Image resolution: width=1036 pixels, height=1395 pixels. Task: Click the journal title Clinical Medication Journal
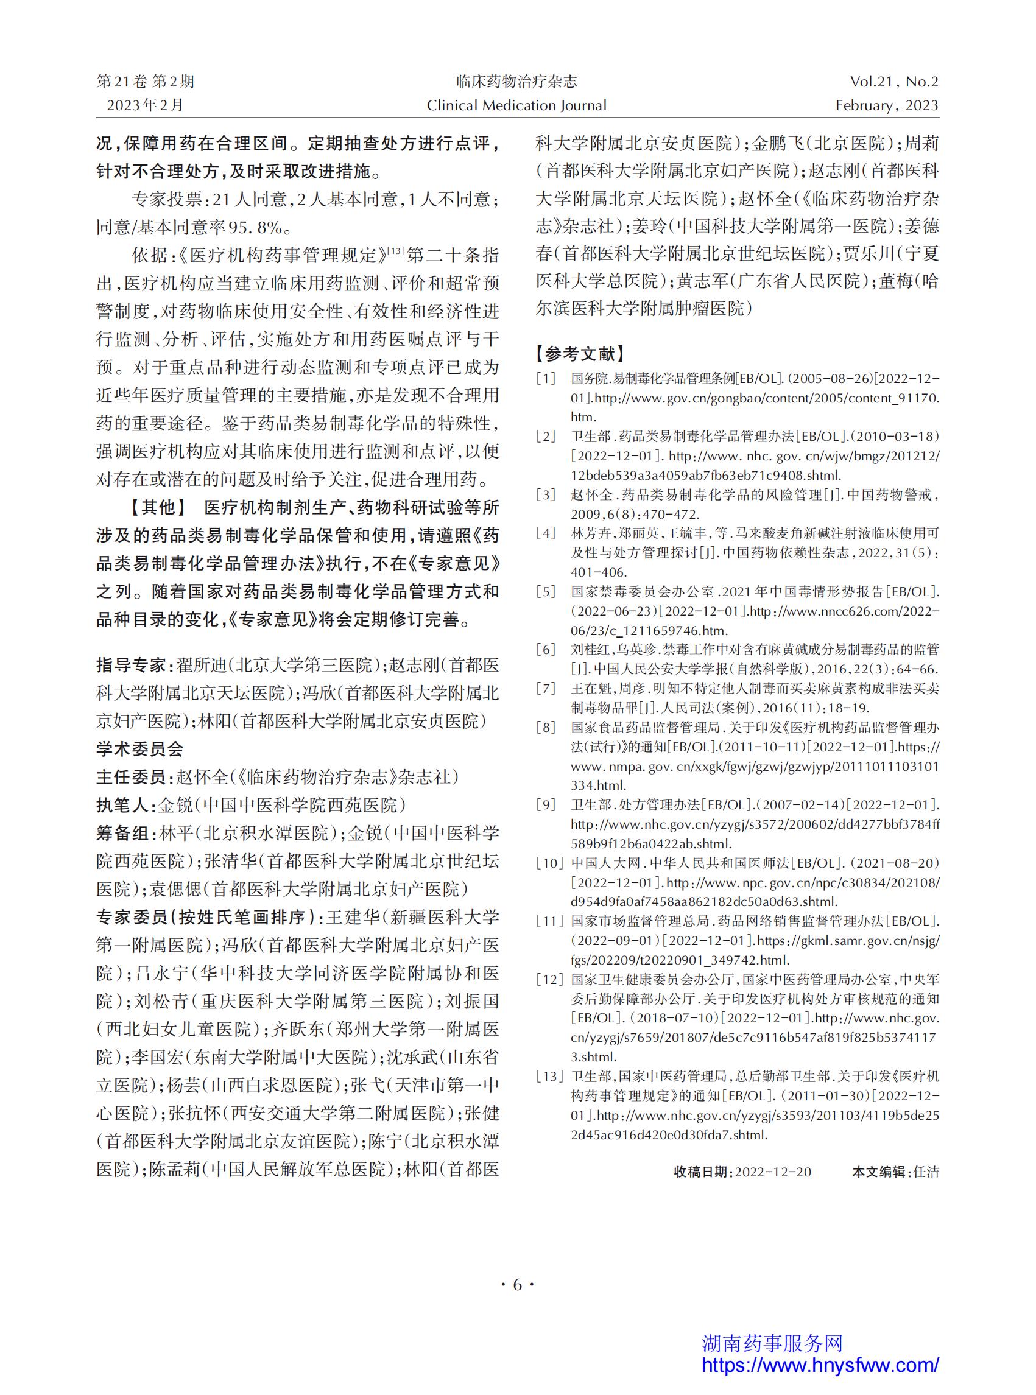tap(516, 105)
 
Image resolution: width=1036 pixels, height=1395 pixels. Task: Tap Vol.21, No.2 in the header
tap(894, 82)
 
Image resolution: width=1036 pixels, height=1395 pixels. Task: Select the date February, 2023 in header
tap(887, 105)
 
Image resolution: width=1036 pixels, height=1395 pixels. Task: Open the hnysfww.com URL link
tap(820, 1365)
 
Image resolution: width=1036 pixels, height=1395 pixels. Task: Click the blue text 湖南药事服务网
tap(772, 1343)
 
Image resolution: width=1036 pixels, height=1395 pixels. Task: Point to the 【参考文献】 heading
tap(580, 354)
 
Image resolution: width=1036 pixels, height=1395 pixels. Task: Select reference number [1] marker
tap(546, 379)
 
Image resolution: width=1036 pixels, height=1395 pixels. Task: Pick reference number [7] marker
tap(546, 689)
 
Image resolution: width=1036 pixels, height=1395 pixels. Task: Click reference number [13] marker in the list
tap(549, 1077)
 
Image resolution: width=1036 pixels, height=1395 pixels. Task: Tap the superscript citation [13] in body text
tap(396, 251)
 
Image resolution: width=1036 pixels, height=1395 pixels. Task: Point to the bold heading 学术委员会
tap(140, 748)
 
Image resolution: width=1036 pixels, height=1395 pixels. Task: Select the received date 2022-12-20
tap(773, 1172)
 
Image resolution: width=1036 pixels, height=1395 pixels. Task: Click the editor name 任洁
tap(926, 1172)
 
